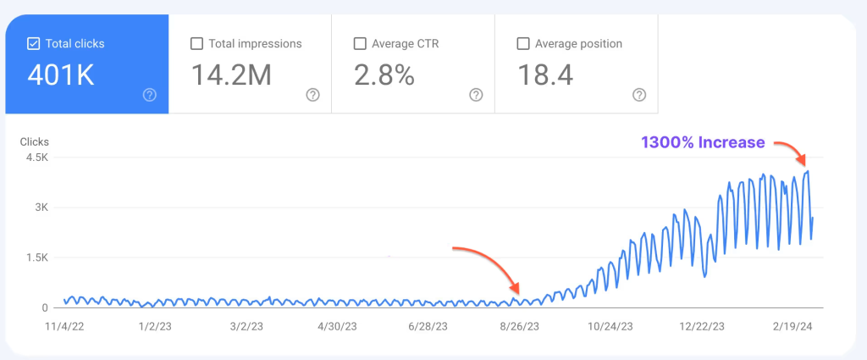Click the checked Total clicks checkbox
coord(33,43)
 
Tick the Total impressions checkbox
coord(196,43)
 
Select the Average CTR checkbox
coord(359,43)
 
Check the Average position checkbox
coord(522,43)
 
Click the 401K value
coord(61,75)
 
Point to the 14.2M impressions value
coord(231,75)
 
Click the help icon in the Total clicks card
coord(150,95)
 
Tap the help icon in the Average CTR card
coord(476,95)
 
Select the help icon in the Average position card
coord(639,95)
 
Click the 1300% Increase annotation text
coord(703,142)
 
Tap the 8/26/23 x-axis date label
coord(516,325)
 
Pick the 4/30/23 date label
coord(335,325)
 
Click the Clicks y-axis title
coord(34,141)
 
